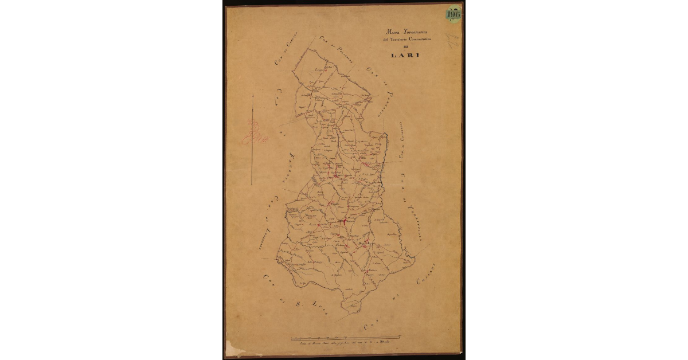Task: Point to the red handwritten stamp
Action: (251, 133)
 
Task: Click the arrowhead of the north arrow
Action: (253, 96)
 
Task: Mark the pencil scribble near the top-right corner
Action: (452, 40)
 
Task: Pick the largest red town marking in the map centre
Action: (344, 221)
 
